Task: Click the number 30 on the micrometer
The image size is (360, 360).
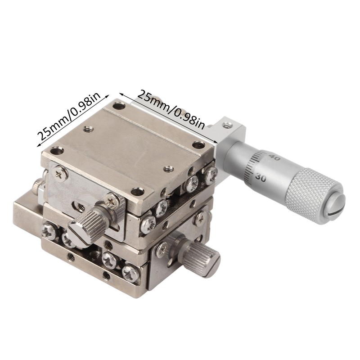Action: [x=261, y=177]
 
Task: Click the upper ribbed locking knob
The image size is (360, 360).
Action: [x=87, y=221]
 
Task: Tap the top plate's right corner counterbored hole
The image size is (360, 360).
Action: [x=199, y=145]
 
